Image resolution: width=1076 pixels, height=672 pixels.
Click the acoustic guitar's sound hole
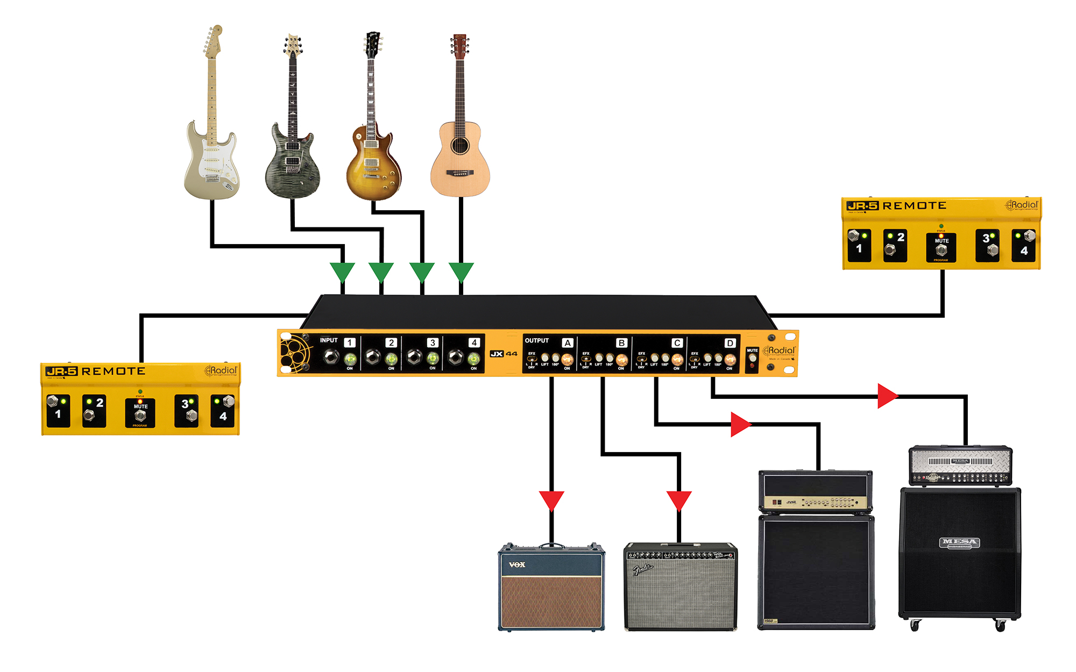[459, 145]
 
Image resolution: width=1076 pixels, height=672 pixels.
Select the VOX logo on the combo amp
[517, 564]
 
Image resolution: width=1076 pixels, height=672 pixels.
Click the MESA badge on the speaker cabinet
[960, 542]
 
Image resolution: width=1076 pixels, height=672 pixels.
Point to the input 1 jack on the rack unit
[331, 356]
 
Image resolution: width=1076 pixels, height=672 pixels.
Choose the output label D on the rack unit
[730, 343]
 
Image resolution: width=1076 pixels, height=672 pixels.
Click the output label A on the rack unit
[567, 343]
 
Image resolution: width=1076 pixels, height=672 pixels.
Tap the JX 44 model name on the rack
[504, 354]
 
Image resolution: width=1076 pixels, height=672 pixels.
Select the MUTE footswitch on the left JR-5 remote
[140, 416]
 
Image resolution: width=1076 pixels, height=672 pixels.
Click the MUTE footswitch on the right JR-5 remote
[941, 250]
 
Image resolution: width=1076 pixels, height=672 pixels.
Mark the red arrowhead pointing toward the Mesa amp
[887, 396]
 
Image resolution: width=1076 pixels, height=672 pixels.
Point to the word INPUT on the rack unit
[329, 340]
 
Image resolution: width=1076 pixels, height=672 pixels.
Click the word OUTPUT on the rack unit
[536, 341]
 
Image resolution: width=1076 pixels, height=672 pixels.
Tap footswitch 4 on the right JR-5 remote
[1029, 236]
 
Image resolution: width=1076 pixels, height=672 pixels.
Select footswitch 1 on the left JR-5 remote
[53, 402]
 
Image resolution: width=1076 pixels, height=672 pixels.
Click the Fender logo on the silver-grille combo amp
[642, 569]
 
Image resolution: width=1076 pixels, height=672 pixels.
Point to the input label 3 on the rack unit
[432, 342]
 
